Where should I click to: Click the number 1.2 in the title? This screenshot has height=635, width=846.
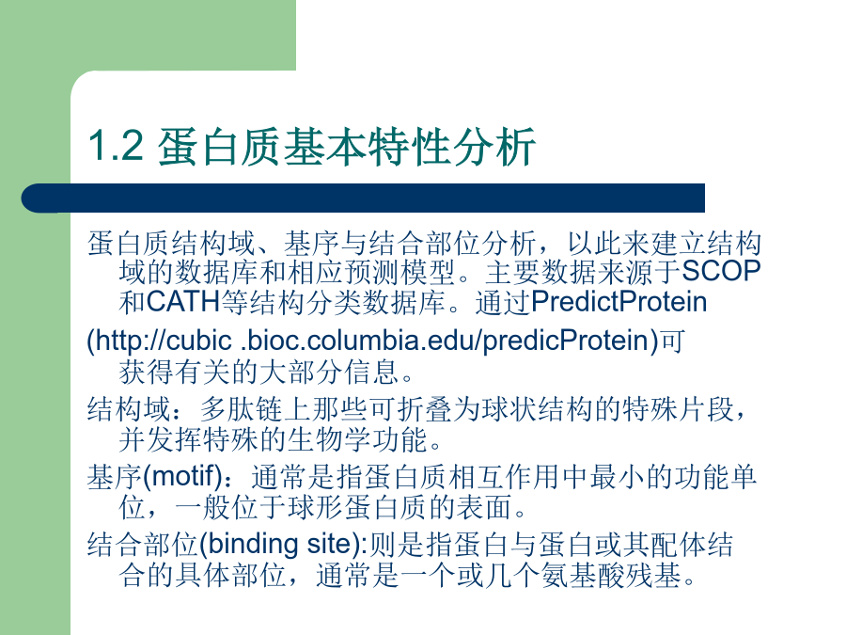tap(116, 146)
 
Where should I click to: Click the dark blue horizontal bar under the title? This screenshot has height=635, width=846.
tap(363, 198)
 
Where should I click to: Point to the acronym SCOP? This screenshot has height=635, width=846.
tap(721, 271)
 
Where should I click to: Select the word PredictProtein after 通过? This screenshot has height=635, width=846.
tap(619, 301)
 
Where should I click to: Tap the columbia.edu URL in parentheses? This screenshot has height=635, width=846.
tap(373, 341)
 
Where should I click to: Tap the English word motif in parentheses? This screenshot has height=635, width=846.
tap(183, 476)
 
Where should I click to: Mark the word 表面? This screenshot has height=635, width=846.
tap(484, 508)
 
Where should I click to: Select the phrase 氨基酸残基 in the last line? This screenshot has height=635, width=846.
tap(611, 575)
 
